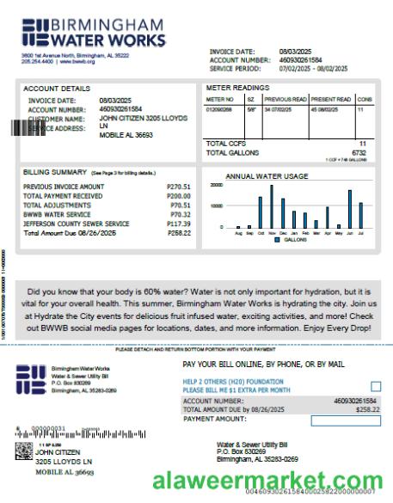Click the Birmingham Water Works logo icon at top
37,32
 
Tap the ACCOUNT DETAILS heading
56,89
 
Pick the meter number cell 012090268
218,110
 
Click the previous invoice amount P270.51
178,187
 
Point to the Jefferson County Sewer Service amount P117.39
178,224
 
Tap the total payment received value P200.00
178,196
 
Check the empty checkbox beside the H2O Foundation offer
375,387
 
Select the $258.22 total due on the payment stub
367,409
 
